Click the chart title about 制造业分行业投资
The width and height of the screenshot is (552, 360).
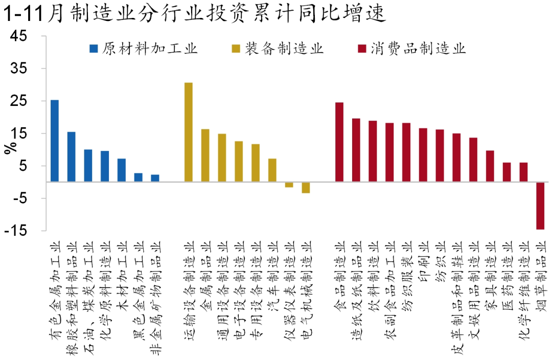tap(194, 14)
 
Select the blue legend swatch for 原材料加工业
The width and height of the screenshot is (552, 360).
tap(93, 49)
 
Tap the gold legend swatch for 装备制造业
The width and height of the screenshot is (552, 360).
tap(236, 49)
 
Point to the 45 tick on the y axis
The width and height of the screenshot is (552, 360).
tap(24, 36)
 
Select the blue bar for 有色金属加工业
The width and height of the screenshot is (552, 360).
tap(55, 141)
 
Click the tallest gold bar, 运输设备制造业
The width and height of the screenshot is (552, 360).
tap(189, 132)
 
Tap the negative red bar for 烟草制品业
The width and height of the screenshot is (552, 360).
tap(540, 206)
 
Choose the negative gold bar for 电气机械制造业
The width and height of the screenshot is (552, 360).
tap(306, 187)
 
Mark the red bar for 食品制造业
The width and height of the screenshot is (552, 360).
tap(339, 142)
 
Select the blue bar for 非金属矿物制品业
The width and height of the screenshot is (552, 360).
tap(155, 178)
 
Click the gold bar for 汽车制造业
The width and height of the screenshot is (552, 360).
tap(272, 170)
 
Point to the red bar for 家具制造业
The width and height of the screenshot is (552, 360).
tap(490, 166)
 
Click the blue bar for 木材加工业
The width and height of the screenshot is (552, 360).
tap(122, 170)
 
